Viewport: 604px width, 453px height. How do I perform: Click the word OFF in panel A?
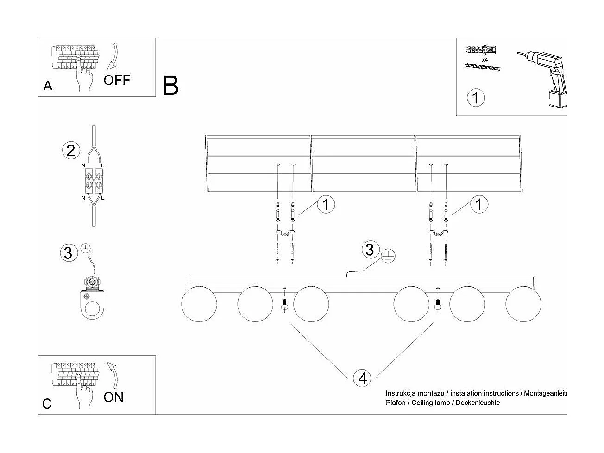117,80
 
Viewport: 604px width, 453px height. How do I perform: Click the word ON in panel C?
113,397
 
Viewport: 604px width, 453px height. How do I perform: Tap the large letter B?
170,86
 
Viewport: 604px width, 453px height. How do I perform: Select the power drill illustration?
544,79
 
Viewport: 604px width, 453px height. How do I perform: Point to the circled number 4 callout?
362,378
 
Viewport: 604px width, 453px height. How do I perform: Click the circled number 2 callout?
70,151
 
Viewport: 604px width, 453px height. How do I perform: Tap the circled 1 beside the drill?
476,98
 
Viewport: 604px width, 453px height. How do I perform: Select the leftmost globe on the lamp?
199,304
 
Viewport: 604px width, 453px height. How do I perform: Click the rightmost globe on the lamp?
523,304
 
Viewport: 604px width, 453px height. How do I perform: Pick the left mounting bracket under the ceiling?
285,232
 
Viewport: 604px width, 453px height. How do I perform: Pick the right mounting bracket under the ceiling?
438,232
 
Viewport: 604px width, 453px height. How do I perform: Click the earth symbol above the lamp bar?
388,254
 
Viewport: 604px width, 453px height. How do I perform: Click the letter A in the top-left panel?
47,86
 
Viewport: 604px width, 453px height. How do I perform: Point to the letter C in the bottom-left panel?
47,404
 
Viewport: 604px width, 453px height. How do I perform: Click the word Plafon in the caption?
396,403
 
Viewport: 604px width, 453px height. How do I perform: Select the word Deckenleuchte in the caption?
478,403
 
